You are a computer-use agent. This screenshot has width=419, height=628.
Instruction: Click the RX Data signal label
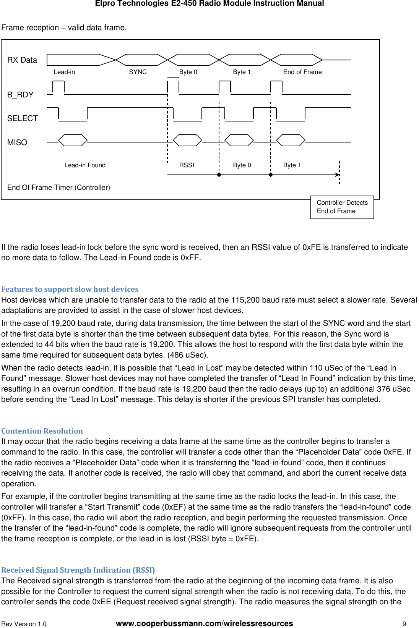22,60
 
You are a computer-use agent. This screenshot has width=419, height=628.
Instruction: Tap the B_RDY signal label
20,95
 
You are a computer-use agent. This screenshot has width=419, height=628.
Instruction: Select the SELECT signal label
23,118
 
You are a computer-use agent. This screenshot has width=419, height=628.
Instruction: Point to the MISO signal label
17,142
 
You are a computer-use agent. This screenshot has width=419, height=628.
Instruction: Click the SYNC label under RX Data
138,72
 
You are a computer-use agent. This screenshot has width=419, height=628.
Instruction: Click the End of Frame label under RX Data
302,72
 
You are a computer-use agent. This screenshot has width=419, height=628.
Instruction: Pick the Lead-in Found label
85,165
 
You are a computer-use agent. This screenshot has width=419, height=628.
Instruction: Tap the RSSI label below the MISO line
187,165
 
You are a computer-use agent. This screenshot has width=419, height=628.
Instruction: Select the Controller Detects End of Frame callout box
342,207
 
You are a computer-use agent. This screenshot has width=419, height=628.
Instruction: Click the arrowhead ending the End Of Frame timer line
337,175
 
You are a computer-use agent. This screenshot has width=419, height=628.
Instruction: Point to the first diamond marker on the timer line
219,175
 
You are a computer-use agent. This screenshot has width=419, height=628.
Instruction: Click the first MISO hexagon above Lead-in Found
73,140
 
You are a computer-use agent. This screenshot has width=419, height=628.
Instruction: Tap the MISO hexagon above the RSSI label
187,140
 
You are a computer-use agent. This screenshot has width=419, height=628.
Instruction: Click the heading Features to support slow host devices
70,289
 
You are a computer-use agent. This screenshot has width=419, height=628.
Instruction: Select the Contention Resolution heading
42,431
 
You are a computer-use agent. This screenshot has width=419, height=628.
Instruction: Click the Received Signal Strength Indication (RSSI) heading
78,570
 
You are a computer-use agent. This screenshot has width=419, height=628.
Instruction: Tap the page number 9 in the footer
404,624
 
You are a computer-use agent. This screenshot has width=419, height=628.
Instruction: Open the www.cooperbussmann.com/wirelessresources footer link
204,623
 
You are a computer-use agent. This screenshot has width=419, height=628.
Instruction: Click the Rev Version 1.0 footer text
24,624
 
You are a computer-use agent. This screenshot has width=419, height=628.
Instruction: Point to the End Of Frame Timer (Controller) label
58,188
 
